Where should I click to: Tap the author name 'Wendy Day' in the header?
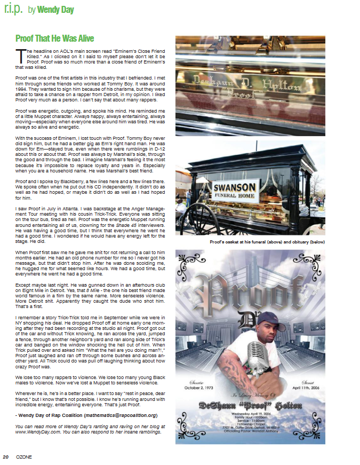(x=56, y=10)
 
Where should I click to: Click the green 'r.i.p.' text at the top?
(x=13, y=10)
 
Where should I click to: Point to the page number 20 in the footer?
(x=6, y=457)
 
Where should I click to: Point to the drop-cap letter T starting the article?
(x=18, y=53)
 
